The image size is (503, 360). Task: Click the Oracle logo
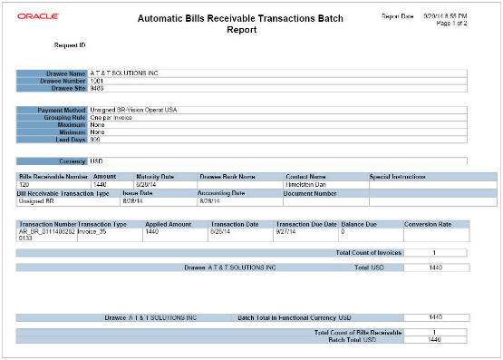pos(32,15)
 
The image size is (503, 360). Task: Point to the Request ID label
pos(69,44)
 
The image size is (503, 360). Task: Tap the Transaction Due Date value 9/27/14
pos(289,231)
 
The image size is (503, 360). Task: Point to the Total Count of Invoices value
pos(434,252)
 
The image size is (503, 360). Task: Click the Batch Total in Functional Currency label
pos(293,318)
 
